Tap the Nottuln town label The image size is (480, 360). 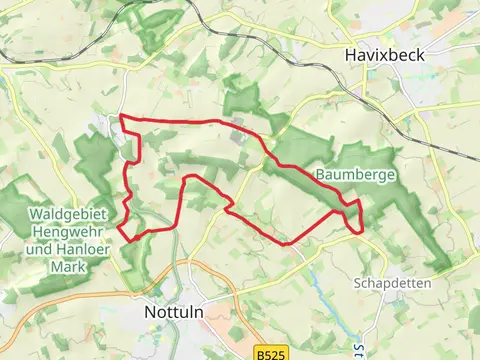pos(161,311)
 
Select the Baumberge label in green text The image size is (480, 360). pos(357,174)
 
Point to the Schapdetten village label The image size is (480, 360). pos(392,283)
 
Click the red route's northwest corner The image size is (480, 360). pos(122,118)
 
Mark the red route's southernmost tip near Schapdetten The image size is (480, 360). pos(286,243)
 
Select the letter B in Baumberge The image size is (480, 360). pos(321,174)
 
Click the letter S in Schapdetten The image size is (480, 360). pos(358,283)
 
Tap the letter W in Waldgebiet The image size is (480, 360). pos(35,214)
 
